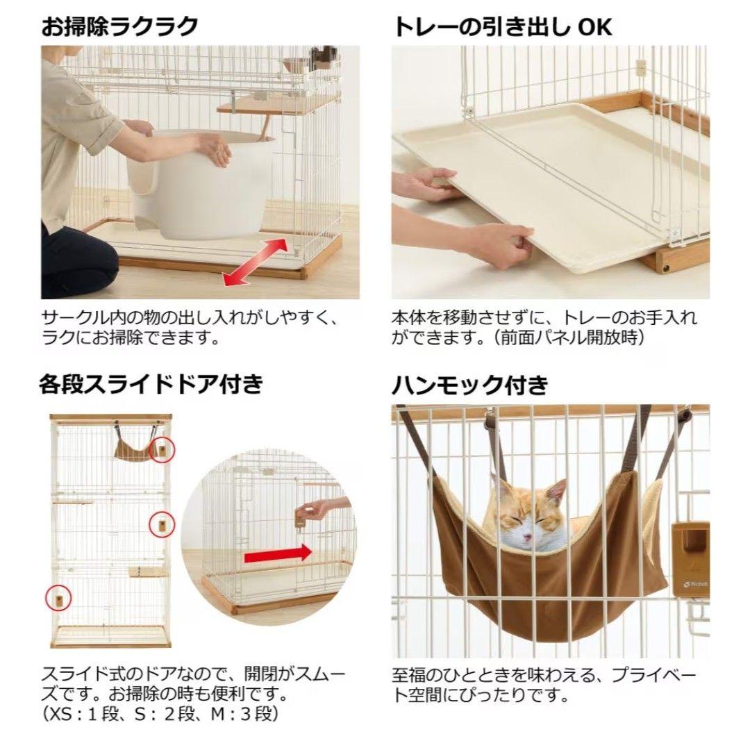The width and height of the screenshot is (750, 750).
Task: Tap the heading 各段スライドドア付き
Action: point(151,384)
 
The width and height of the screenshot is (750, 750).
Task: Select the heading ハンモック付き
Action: point(470,384)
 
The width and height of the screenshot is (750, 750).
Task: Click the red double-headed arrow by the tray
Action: point(254,260)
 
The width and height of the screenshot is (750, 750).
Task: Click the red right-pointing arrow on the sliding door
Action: point(277,553)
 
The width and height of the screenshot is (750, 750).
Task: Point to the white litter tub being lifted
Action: point(201,187)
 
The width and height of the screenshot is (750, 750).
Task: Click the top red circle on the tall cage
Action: point(162,451)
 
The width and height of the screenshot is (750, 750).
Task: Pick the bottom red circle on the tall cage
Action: point(59,597)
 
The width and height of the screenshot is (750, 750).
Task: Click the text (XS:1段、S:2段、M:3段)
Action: point(160,714)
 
